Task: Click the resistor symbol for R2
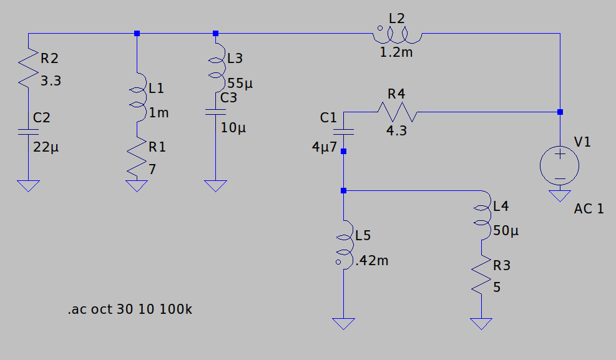point(28,68)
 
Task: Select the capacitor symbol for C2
point(28,132)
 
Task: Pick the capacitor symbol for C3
point(216,112)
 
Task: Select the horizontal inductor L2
point(397,34)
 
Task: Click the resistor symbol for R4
point(397,112)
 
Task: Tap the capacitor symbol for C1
point(343,132)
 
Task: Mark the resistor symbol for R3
point(482,275)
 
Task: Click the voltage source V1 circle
point(560,165)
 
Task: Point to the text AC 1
point(589,208)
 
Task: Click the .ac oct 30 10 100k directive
point(130,309)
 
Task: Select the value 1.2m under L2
point(396,52)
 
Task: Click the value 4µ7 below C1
point(325,148)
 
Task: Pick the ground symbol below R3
point(482,324)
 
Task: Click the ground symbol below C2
point(28,185)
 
